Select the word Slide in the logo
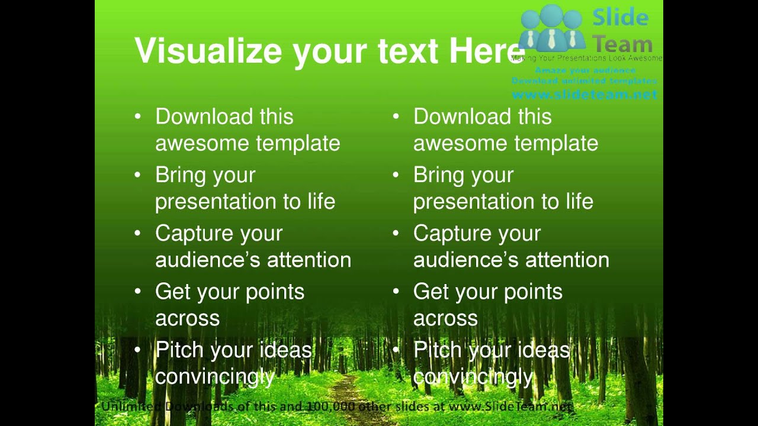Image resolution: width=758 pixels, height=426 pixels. click(620, 17)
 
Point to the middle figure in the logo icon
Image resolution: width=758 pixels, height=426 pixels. click(552, 27)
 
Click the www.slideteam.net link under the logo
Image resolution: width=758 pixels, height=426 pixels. click(584, 94)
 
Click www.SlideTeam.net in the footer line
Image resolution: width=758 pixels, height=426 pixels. click(510, 406)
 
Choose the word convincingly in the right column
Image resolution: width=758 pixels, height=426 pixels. click(473, 377)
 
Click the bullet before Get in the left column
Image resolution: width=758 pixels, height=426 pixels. click(138, 291)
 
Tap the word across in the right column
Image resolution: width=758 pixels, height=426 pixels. click(445, 318)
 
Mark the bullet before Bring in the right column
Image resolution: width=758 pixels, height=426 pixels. click(396, 175)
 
